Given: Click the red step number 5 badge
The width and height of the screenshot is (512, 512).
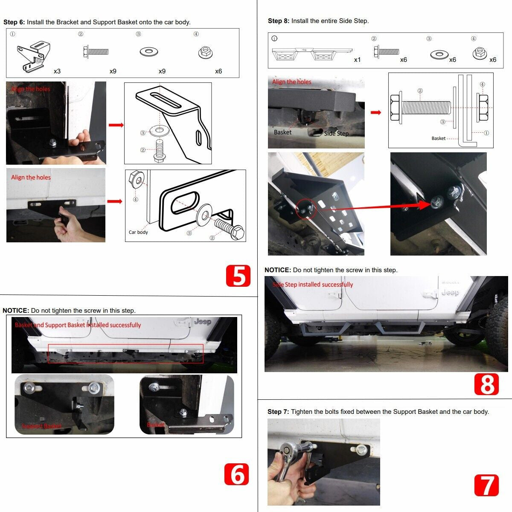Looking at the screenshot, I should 238,276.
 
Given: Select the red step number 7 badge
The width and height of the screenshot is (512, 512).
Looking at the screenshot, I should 486,485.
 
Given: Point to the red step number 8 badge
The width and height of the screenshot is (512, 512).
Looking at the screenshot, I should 486,384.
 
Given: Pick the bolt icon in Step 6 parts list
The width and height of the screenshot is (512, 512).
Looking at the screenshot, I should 95,52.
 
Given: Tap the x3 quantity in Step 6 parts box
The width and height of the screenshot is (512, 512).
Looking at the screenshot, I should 57,71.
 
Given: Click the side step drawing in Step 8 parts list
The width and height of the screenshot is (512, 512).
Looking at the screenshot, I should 311,53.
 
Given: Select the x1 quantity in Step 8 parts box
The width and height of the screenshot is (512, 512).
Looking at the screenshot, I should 357,60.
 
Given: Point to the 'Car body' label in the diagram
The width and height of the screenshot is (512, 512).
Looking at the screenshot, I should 138,232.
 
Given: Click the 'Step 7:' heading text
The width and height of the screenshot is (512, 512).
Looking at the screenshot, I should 278,412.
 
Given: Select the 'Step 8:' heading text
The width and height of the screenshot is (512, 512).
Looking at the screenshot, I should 278,21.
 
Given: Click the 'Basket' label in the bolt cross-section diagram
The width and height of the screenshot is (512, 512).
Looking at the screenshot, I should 438,138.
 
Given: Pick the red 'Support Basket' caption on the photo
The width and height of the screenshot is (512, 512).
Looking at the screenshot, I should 41,426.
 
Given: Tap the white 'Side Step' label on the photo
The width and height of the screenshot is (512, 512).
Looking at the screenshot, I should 336,134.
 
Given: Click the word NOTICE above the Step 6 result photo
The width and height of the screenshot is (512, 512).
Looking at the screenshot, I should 16,311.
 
